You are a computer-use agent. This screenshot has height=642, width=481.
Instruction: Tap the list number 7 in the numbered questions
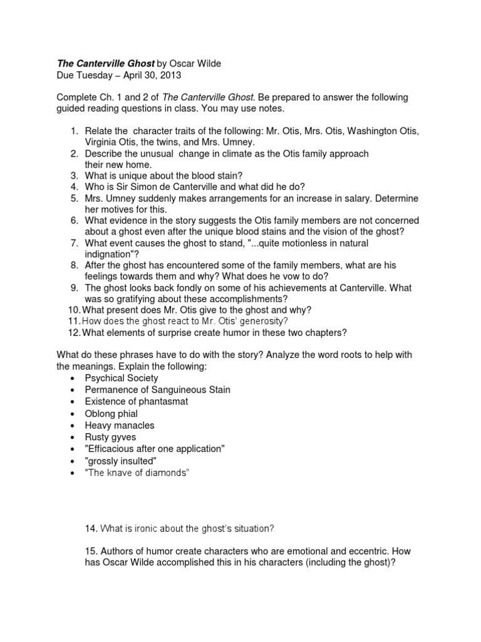point(73,243)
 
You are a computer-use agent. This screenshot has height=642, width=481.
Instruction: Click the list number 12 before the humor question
point(73,333)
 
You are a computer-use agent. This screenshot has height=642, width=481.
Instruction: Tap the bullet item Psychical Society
point(122,378)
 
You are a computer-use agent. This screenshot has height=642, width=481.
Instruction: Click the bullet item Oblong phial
point(111,414)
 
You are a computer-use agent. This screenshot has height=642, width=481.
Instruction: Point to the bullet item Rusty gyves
point(110,437)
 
